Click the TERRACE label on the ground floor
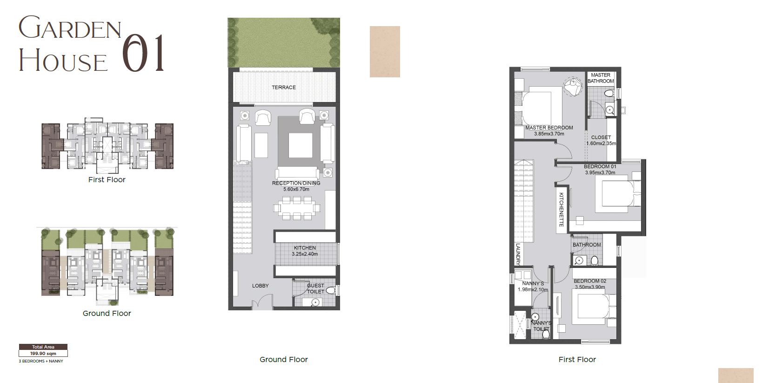284,87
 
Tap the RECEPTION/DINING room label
296,183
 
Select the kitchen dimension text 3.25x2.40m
305,254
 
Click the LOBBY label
260,286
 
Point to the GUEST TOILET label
315,288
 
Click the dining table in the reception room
297,208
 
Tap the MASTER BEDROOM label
549,128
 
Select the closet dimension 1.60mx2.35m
601,144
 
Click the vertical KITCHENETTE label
562,209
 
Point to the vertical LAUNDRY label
518,254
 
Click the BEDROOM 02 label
590,281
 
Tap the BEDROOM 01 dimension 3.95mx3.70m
600,172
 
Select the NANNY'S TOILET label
542,326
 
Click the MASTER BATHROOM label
601,78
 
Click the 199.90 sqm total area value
43,354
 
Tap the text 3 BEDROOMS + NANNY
41,362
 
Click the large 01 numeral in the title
143,53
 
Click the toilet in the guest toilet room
331,291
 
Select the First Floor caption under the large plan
577,360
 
